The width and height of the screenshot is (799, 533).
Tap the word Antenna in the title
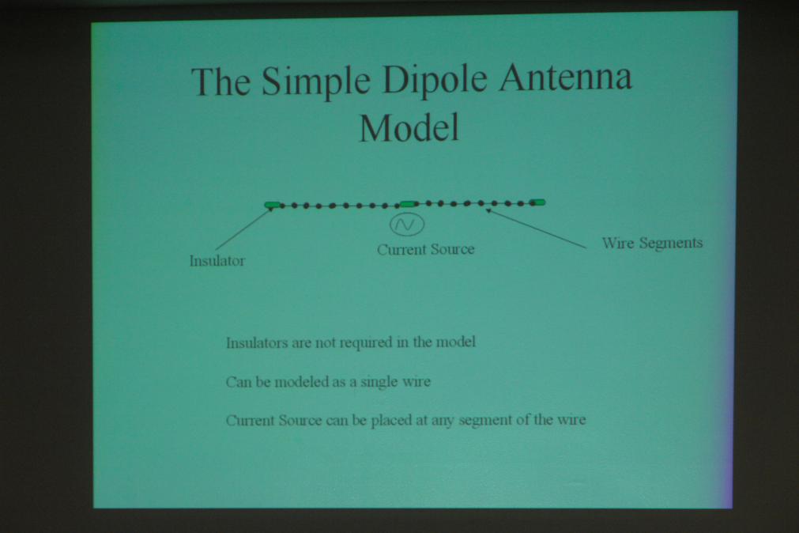(566, 77)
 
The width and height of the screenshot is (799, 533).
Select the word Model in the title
(409, 127)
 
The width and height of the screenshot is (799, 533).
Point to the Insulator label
(217, 261)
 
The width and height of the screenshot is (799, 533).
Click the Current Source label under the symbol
(425, 249)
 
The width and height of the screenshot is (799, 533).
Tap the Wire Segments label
(652, 244)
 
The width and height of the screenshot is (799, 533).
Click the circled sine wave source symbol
(407, 225)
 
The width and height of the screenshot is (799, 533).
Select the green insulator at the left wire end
(273, 205)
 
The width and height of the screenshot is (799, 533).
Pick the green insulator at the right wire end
(537, 202)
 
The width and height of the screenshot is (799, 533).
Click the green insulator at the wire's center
(409, 204)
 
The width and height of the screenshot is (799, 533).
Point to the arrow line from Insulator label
(243, 229)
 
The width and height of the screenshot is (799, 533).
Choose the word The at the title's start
(220, 81)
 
